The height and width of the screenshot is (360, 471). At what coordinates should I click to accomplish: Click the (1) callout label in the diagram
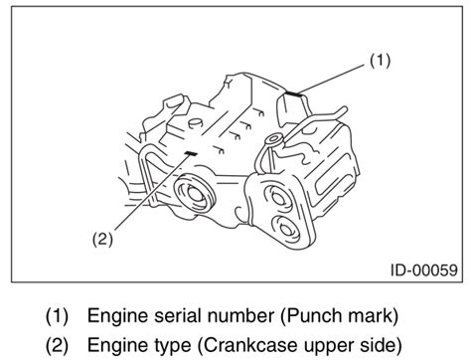coord(380,61)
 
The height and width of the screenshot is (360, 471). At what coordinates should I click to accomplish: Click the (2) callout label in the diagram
coord(102,239)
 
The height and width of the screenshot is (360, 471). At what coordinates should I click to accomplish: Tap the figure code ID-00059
coord(424,270)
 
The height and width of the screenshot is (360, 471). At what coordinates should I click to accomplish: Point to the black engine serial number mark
coord(294,93)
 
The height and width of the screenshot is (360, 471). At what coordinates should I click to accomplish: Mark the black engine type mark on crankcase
coord(191,153)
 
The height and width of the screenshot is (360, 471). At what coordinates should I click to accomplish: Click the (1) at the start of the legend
coord(57,316)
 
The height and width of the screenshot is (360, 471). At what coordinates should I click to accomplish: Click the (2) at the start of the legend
coord(57,345)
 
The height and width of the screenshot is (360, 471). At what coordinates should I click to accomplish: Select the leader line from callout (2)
coord(152,192)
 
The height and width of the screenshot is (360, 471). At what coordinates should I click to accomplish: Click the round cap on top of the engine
coord(195,123)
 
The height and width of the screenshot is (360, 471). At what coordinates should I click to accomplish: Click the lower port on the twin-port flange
coord(286,230)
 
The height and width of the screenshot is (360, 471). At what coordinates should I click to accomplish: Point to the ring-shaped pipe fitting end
coord(274,139)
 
